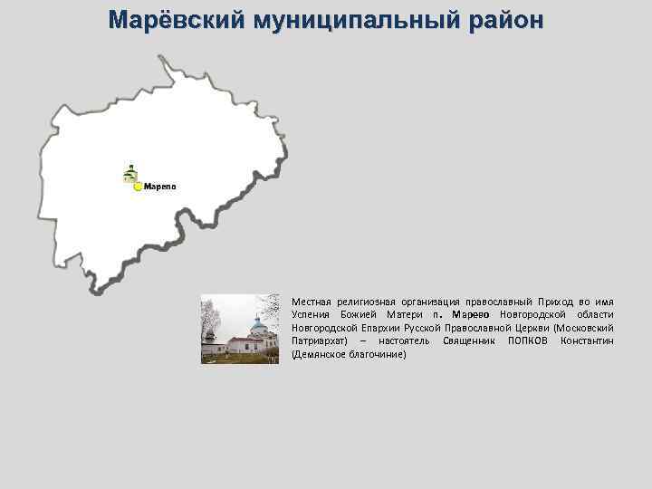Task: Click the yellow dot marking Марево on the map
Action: click(138, 187)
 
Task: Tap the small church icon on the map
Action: click(130, 173)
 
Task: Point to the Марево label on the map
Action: click(160, 187)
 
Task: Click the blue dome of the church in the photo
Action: click(258, 323)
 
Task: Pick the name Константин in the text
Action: click(587, 340)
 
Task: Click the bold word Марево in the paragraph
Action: click(471, 313)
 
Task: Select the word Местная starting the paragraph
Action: click(310, 300)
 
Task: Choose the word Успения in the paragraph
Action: click(311, 313)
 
